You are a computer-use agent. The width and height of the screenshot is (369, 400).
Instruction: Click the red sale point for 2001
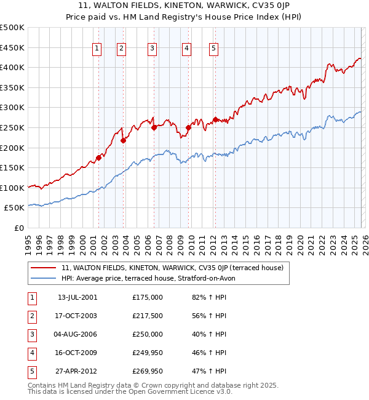pos(98,158)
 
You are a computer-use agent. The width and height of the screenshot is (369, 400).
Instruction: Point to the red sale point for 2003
pos(123,141)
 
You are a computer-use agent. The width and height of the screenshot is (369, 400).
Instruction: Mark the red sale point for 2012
pos(215,119)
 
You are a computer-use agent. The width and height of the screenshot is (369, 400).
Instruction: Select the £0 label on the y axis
pos(18,228)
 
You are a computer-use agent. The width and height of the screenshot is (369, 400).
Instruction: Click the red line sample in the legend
pos(44,268)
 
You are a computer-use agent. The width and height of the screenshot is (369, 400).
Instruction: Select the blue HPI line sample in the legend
pos(44,278)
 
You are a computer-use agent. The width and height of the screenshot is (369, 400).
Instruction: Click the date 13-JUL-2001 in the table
pos(77,297)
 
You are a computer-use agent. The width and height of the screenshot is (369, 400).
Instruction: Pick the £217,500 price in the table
pos(148,316)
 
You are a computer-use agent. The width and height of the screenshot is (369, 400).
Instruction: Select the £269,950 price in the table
pos(148,371)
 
